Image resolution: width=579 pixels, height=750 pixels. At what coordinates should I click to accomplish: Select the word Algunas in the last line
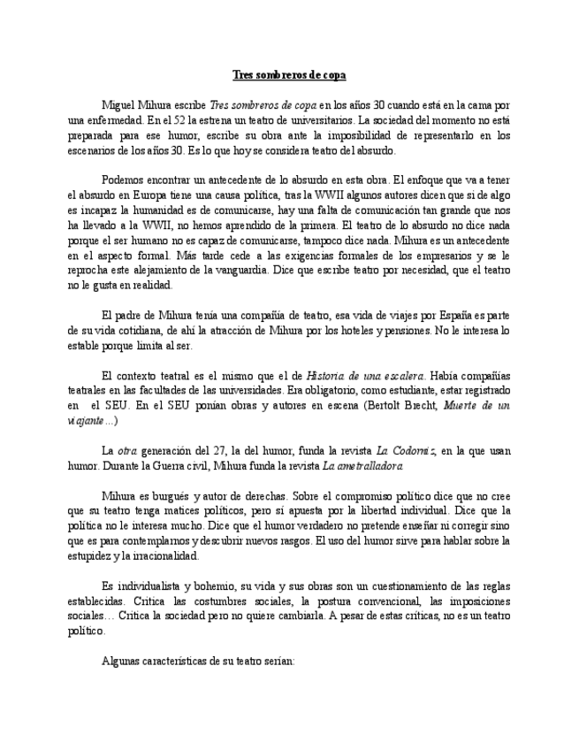[122, 661]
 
